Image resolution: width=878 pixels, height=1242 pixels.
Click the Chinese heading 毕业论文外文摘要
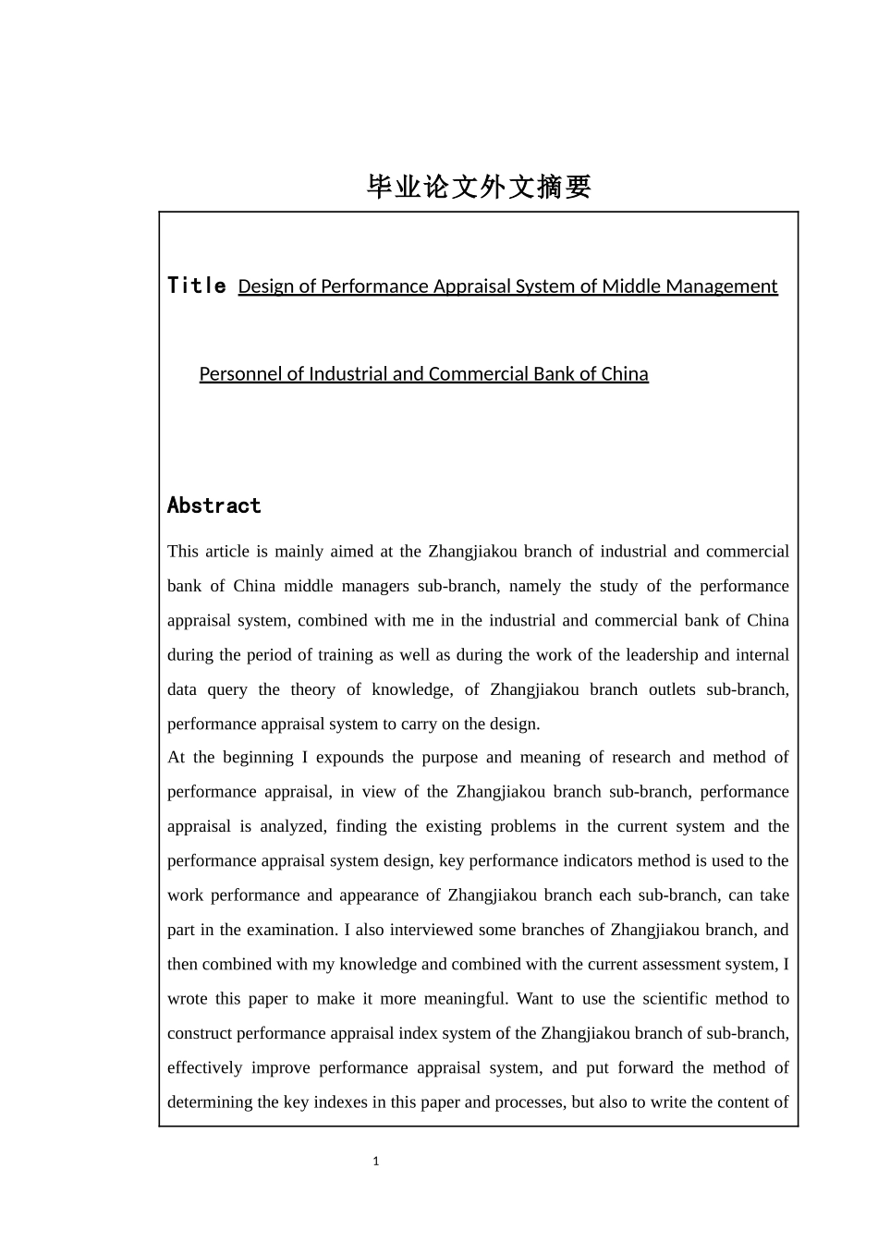[479, 187]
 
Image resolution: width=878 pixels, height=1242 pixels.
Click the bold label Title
[197, 286]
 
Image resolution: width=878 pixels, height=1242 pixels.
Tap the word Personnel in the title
[238, 374]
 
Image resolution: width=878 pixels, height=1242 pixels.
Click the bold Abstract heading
[214, 505]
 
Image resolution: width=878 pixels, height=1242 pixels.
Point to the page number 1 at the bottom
[376, 1162]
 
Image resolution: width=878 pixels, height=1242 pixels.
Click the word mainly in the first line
[299, 552]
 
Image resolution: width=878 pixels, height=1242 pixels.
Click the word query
[226, 689]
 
